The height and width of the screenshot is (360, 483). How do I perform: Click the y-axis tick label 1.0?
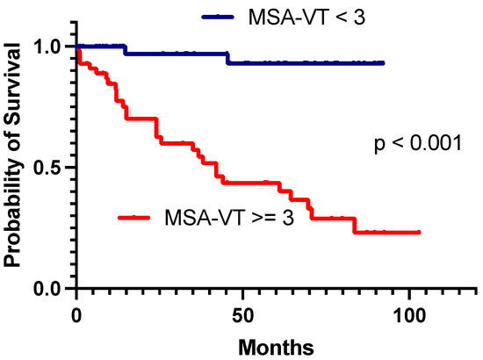pyautogui.click(x=48, y=47)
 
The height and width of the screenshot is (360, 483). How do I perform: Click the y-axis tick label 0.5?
pyautogui.click(x=48, y=167)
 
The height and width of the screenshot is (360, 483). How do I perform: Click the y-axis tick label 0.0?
pyautogui.click(x=48, y=288)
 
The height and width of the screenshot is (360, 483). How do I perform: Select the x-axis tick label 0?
pyautogui.click(x=76, y=314)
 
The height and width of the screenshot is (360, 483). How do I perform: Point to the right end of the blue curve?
pyautogui.click(x=384, y=63)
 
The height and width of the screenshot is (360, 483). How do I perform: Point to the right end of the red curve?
pyautogui.click(x=420, y=232)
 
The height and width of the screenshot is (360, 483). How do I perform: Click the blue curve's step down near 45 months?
pyautogui.click(x=227, y=58)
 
